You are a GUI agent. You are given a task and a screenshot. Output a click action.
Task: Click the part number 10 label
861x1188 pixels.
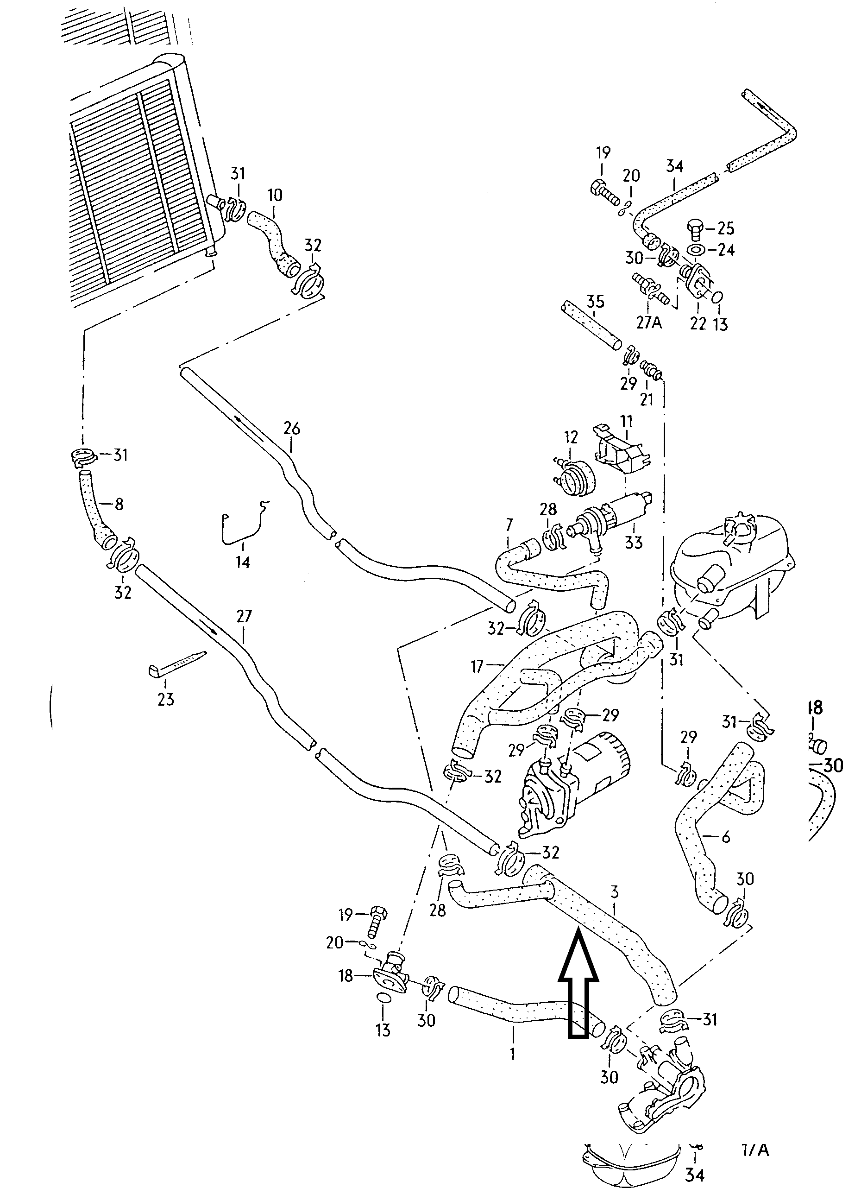click(275, 196)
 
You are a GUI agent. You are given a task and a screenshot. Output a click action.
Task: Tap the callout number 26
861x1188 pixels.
click(292, 429)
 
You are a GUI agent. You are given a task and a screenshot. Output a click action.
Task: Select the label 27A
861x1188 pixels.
click(650, 322)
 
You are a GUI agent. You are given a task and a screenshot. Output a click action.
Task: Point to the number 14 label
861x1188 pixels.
click(243, 562)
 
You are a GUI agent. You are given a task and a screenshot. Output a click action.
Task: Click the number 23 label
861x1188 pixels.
click(165, 699)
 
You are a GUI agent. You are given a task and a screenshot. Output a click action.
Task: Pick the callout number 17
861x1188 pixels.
click(477, 666)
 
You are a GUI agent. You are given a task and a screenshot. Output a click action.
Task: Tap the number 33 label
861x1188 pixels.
click(633, 542)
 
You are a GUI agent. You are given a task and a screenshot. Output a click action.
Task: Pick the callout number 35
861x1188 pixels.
click(596, 302)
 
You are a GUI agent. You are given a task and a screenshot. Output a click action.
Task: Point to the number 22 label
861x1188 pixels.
click(698, 323)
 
